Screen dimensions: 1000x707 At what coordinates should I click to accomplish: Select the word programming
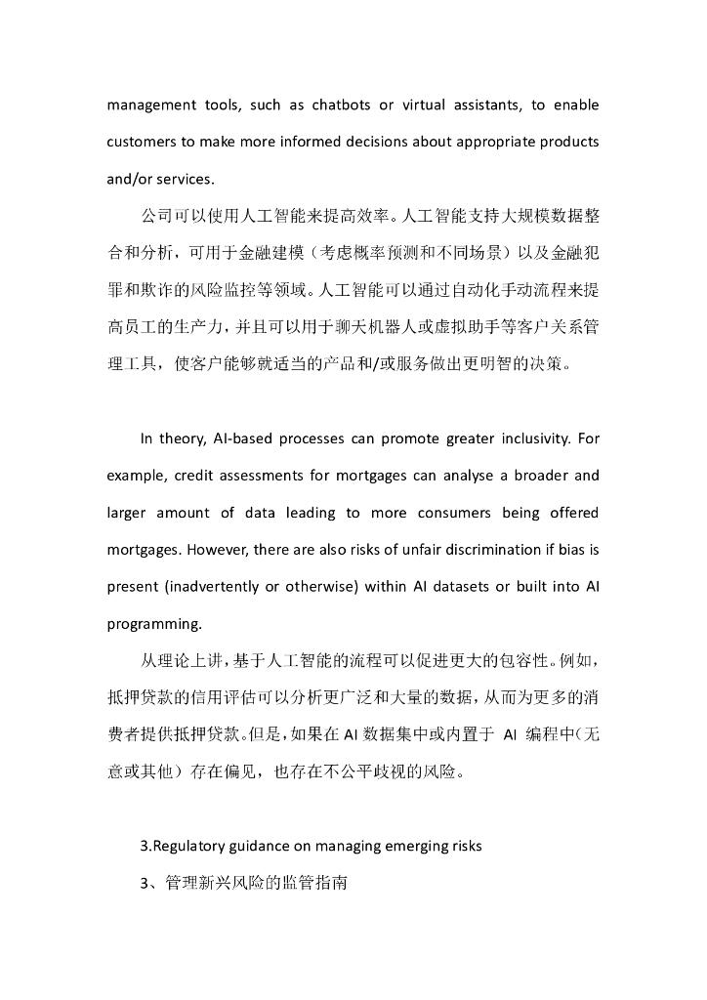click(x=154, y=624)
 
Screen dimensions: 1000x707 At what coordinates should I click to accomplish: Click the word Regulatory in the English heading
click(x=191, y=846)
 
